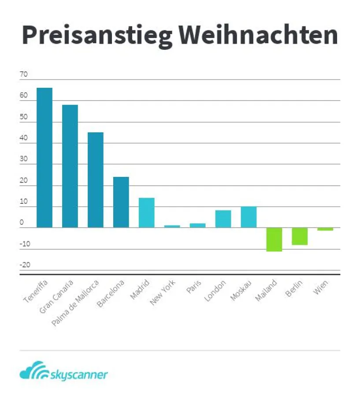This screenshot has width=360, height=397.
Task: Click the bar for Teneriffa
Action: point(44,157)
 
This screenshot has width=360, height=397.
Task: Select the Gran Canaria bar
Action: point(70,166)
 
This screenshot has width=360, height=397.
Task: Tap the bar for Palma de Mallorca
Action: point(95,180)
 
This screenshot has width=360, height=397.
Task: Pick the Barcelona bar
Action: point(121,202)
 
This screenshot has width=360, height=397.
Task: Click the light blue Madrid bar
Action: point(146,213)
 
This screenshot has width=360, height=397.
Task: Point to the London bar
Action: point(223,219)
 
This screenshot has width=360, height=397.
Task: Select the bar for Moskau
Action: point(249,217)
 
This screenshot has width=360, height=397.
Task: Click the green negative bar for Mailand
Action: point(274,240)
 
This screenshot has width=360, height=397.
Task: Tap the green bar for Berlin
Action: point(300,236)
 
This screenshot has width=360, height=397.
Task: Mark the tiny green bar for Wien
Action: point(325,229)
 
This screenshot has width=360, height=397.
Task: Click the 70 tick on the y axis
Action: point(23,74)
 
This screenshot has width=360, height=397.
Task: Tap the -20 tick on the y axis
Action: point(25,265)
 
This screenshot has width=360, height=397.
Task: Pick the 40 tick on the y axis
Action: point(23,138)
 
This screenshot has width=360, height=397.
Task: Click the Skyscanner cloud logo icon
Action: point(32,371)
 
